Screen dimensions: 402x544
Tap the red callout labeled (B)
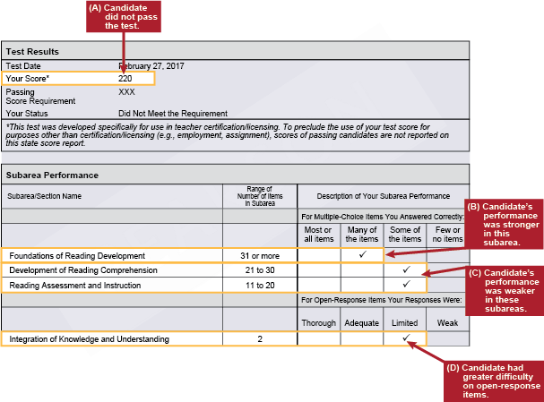(x=505, y=223)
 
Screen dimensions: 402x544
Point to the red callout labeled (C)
(x=505, y=290)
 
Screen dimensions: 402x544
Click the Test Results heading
(x=32, y=51)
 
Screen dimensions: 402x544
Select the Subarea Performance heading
(x=52, y=175)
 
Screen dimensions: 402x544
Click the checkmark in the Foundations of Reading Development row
(x=362, y=255)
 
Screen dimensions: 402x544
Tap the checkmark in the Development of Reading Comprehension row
(x=405, y=269)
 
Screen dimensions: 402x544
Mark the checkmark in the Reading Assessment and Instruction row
(x=405, y=284)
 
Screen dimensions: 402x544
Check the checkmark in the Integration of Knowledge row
(x=405, y=338)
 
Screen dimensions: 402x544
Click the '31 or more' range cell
(x=260, y=255)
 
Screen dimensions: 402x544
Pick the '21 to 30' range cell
(x=260, y=269)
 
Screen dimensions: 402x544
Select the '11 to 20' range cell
(x=260, y=284)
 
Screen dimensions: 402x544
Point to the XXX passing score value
(x=126, y=92)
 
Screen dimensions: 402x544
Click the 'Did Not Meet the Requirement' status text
(x=173, y=114)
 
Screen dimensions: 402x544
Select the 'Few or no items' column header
(x=447, y=234)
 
